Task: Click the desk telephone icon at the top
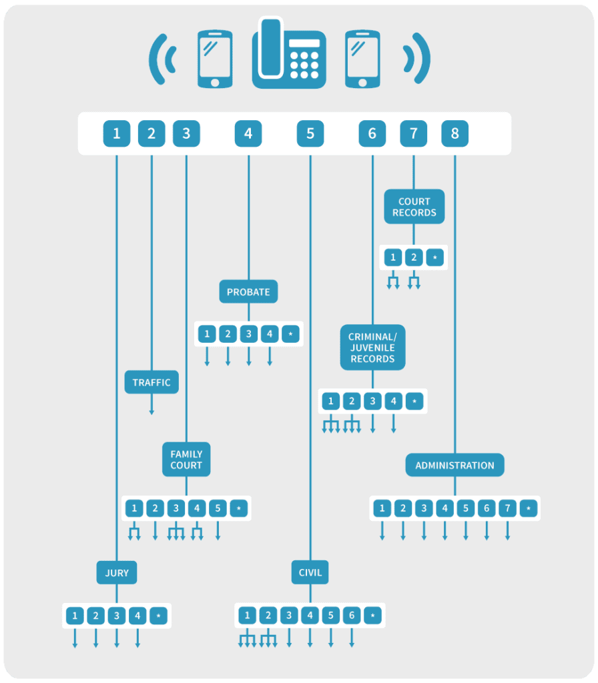pos(289,53)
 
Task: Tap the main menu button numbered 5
pos(310,133)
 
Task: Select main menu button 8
pos(455,133)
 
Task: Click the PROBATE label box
pos(248,291)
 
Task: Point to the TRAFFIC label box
pos(152,382)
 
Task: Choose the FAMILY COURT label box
pos(186,459)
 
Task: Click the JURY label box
pos(117,572)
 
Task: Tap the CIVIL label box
pos(310,572)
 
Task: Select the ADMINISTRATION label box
pos(455,465)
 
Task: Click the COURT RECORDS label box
pos(414,207)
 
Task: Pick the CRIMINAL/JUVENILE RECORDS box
pos(372,347)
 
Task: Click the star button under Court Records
pos(434,257)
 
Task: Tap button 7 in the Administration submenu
pos(507,508)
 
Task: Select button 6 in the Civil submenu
pos(352,615)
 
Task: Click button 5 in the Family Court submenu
pos(218,508)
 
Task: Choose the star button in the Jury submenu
pos(158,616)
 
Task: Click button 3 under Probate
pos(249,334)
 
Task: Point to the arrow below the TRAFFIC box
pos(152,404)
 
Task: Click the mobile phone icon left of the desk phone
pos(215,59)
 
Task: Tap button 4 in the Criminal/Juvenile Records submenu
pos(394,401)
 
